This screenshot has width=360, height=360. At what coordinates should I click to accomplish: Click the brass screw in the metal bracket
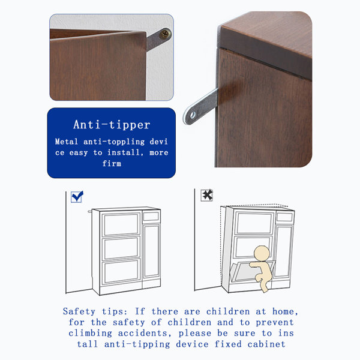[165, 34]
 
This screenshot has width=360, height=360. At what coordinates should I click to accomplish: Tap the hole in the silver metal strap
[193, 115]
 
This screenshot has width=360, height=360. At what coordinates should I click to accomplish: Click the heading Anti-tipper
[112, 125]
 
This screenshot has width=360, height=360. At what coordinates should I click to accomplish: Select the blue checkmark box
[77, 197]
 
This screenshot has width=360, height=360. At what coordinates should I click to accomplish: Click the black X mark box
[207, 195]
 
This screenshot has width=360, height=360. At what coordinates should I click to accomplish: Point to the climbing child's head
[262, 253]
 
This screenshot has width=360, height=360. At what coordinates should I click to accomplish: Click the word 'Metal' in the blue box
[67, 142]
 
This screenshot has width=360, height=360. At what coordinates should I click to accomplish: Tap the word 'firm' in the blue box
[112, 163]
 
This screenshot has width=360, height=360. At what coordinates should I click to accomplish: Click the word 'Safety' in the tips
[79, 311]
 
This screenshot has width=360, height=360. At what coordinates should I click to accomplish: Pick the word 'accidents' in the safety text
[143, 333]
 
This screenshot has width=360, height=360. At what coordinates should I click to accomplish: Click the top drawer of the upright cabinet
[121, 224]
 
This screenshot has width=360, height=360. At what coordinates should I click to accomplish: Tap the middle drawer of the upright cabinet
[121, 248]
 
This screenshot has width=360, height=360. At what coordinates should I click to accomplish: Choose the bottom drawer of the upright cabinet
[121, 272]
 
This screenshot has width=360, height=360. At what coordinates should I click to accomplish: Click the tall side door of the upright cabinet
[151, 251]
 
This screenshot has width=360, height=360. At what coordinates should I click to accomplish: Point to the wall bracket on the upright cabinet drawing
[90, 211]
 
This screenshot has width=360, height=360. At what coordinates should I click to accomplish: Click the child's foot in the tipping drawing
[265, 290]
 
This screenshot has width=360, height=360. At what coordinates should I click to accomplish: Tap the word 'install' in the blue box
[124, 152]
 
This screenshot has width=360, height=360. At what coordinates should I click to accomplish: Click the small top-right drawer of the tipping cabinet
[284, 217]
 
